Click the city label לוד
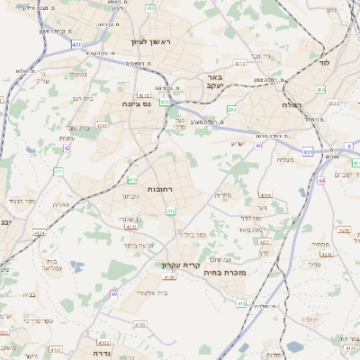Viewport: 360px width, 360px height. tap(325, 65)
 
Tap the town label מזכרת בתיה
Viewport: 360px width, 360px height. tap(225, 272)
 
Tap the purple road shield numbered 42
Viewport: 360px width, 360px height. tap(67, 148)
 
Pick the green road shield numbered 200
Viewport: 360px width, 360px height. tap(231, 110)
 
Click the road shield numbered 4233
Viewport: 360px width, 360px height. tap(264, 241)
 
